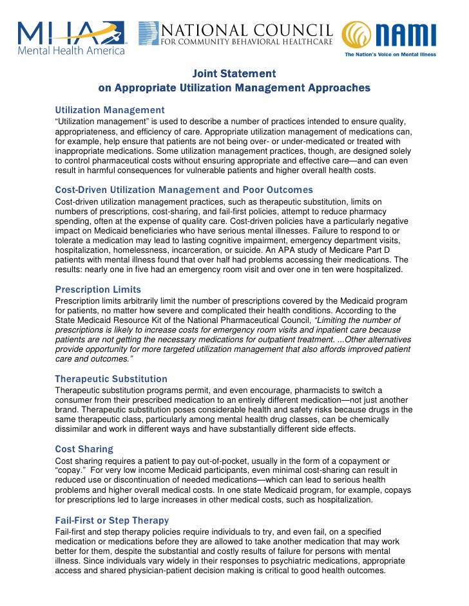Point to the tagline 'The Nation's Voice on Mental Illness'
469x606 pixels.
390,55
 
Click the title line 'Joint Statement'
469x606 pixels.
235,73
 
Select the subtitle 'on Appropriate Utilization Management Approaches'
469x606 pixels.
234,87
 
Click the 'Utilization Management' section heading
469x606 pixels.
110,110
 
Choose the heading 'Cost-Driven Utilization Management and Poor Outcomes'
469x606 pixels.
184,190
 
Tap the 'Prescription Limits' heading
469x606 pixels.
98,289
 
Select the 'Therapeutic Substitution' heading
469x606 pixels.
111,379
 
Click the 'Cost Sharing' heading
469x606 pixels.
84,449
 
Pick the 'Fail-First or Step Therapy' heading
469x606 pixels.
112,520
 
